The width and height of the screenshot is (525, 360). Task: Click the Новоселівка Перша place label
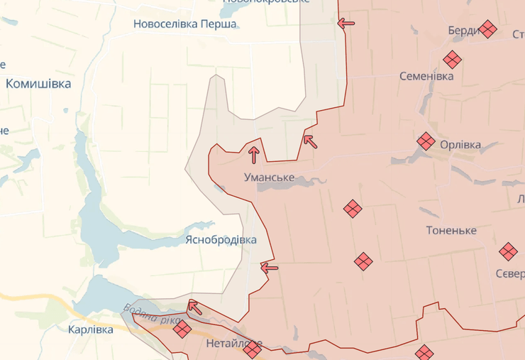coord(185,23)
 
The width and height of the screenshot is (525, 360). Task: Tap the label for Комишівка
coord(38,84)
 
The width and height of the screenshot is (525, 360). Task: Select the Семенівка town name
coord(426,76)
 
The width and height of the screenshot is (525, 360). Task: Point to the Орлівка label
coord(460,145)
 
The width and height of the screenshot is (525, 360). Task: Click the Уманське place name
coord(269,176)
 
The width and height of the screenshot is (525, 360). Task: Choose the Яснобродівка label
coord(221,239)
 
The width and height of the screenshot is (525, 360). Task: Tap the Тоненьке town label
coord(451,230)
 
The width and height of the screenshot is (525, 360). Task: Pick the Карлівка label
coord(91,329)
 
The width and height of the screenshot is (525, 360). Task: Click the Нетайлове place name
coord(233,344)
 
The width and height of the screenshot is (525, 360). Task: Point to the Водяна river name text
coord(151,315)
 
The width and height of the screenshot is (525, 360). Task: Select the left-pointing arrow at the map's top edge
coord(346,23)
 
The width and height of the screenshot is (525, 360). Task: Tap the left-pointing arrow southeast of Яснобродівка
coord(270,268)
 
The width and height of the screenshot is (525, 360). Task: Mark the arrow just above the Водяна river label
coord(194,307)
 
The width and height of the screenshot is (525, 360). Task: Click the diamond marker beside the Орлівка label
coord(426,141)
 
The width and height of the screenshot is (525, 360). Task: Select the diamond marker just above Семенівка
coord(452,60)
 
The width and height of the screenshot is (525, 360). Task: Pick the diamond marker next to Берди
coord(487,29)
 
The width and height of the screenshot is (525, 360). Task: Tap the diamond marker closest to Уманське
coord(353,208)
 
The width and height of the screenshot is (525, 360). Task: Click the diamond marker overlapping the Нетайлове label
coord(252,348)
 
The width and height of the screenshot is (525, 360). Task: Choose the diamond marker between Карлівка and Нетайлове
coord(182,328)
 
